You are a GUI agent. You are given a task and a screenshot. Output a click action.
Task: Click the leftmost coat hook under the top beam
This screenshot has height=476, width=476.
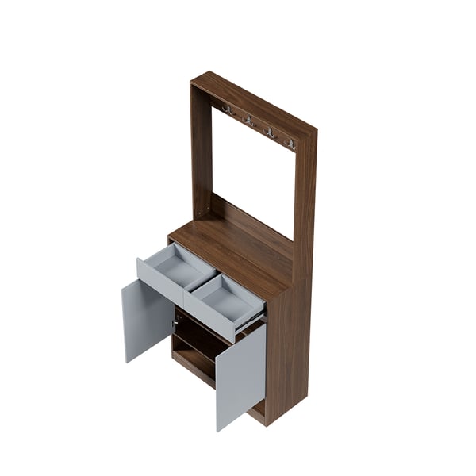click(x=228, y=109)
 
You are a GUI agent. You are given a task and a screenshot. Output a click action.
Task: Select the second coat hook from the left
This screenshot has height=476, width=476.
click(x=249, y=121)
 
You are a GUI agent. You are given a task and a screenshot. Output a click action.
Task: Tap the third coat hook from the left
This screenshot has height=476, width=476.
click(x=270, y=132)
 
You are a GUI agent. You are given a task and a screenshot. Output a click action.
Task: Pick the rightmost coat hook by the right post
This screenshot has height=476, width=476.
click(x=290, y=144)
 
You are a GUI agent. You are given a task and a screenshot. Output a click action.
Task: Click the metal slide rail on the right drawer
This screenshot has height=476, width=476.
click(x=252, y=321)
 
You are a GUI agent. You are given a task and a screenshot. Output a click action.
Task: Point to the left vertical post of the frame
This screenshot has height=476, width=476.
click(x=202, y=151)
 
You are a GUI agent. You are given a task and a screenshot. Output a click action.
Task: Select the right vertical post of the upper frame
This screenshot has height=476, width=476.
click(x=305, y=198)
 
